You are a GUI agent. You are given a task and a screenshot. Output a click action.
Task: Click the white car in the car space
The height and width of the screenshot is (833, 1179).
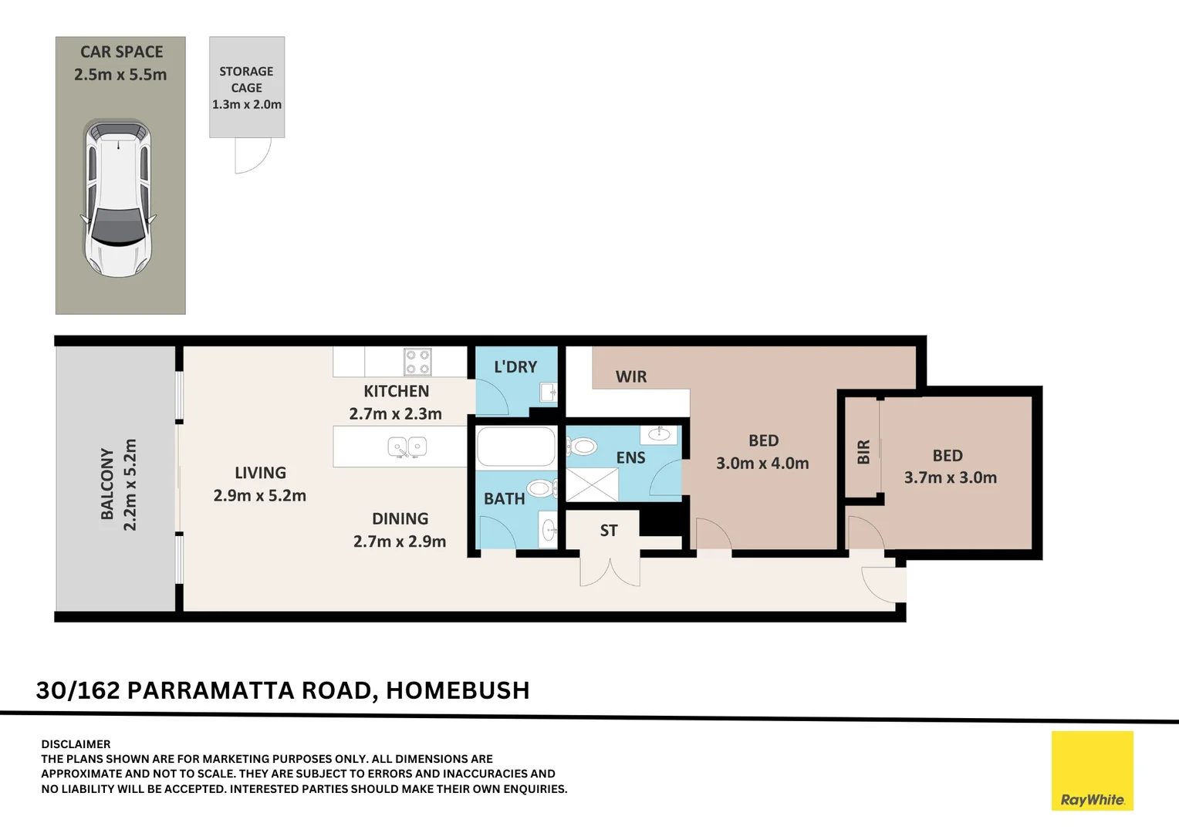coord(118,198)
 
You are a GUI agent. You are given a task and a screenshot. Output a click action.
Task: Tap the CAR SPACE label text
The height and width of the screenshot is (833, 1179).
coord(121,52)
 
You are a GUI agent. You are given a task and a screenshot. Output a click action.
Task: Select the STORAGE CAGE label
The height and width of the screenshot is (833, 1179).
coord(246,79)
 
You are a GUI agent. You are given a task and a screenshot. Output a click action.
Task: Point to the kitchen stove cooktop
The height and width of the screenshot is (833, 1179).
coord(417,362)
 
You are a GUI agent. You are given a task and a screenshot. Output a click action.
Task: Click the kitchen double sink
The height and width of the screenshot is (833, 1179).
coord(407,447)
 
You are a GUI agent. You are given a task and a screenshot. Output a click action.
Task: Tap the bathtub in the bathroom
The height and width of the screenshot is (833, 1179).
coord(515,447)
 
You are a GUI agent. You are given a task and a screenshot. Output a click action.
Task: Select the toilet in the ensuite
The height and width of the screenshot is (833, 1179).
coord(582,447)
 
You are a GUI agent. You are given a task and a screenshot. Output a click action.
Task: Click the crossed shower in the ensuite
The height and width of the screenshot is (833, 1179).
coord(593,484)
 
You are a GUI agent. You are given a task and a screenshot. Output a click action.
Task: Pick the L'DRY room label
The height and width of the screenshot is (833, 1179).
coord(515,367)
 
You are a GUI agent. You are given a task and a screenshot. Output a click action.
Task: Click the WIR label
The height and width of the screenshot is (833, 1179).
coord(631,376)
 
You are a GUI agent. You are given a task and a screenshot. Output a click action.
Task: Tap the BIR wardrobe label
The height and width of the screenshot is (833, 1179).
coord(863,452)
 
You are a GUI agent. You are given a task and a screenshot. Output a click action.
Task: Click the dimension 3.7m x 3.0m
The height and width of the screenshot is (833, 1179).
coord(950,477)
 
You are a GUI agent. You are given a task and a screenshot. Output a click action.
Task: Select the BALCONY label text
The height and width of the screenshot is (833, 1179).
coord(107,484)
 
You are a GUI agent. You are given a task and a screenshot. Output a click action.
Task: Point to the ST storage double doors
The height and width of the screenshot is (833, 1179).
coord(610,572)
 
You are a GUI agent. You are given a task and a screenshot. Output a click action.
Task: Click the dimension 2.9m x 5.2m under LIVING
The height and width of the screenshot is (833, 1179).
coord(259,496)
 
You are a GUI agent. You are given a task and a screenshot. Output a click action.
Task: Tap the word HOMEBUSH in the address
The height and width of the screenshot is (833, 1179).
coord(458,690)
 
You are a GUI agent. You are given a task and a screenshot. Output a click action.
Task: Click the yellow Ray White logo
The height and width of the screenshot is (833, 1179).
coord(1092,770)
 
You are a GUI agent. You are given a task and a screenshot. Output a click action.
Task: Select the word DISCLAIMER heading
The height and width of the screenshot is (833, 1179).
coord(76,744)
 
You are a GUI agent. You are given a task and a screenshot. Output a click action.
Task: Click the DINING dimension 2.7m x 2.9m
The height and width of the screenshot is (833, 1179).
coord(399,541)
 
